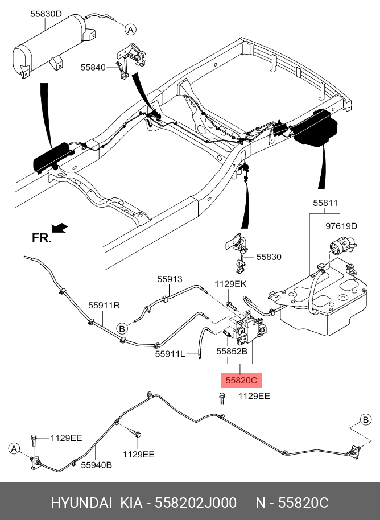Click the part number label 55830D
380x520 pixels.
pos(46,14)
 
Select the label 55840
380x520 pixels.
pos(93,67)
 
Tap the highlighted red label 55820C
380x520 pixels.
pos(242,381)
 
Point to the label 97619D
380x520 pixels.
pos(341,226)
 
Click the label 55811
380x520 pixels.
pos(325,203)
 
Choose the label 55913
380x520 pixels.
pos(170,279)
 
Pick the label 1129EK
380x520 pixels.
pos(230,284)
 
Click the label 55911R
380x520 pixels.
pos(104,306)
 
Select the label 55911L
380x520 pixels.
pos(170,354)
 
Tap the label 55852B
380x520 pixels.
pos(232,351)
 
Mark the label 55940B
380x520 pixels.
pos(97,465)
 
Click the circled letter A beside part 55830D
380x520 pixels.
pos(131,30)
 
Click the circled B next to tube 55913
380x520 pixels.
pos(122,329)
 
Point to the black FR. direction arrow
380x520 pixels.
pos(60,228)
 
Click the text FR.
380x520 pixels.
pos(42,238)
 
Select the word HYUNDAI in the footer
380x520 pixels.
pos(81,503)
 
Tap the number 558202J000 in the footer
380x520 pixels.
pos(196,503)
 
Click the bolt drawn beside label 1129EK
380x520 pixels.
pos(231,305)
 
